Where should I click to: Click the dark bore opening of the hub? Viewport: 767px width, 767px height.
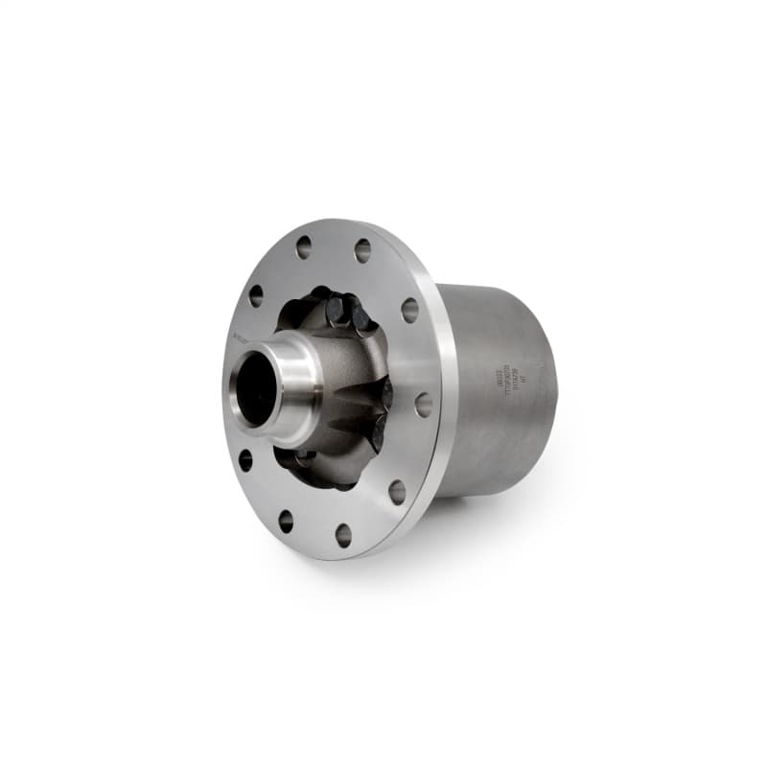(256, 386)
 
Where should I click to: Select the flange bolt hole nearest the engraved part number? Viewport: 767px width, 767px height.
(423, 404)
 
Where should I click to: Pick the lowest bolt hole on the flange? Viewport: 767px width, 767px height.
(343, 535)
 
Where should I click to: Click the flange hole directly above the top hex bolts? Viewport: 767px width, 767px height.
(361, 250)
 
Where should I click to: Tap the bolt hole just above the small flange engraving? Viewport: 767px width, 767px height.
(256, 295)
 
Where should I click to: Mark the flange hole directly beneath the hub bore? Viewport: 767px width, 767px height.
(286, 521)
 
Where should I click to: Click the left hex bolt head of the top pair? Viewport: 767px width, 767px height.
(337, 309)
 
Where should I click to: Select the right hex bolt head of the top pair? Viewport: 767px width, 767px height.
(361, 317)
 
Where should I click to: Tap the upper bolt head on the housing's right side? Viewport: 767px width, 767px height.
(386, 394)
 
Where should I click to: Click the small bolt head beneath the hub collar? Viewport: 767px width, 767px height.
(305, 453)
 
